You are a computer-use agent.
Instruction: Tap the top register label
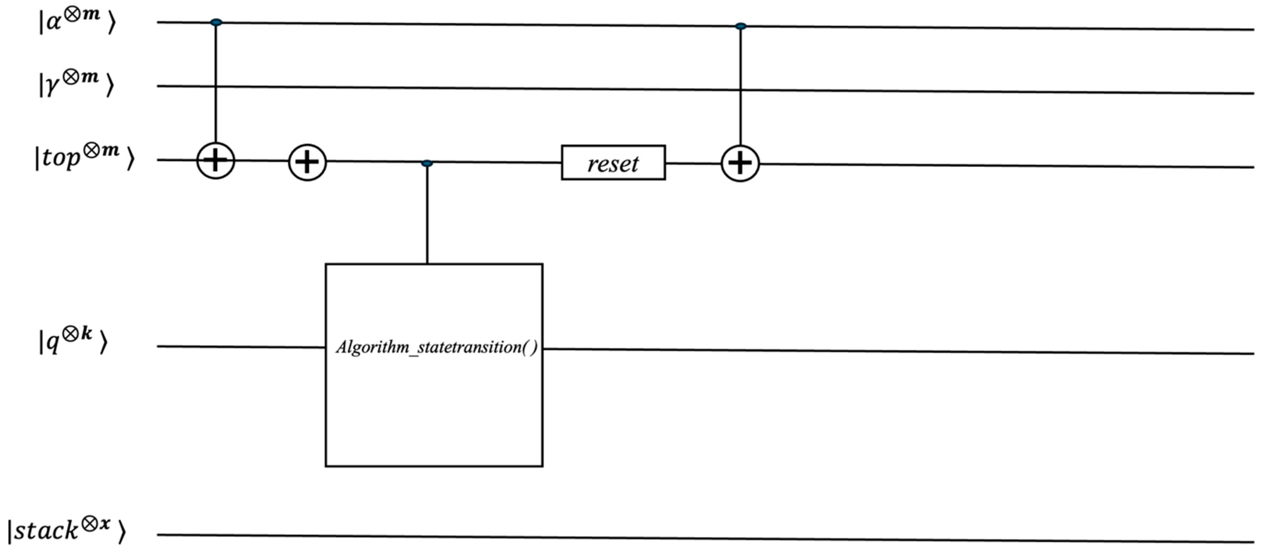[83, 158]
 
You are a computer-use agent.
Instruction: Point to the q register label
[72, 341]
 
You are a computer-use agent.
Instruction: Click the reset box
[613, 163]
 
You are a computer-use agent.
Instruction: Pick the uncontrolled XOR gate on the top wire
[307, 162]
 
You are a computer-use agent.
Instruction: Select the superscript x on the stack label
[104, 523]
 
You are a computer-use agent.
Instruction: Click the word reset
[613, 164]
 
